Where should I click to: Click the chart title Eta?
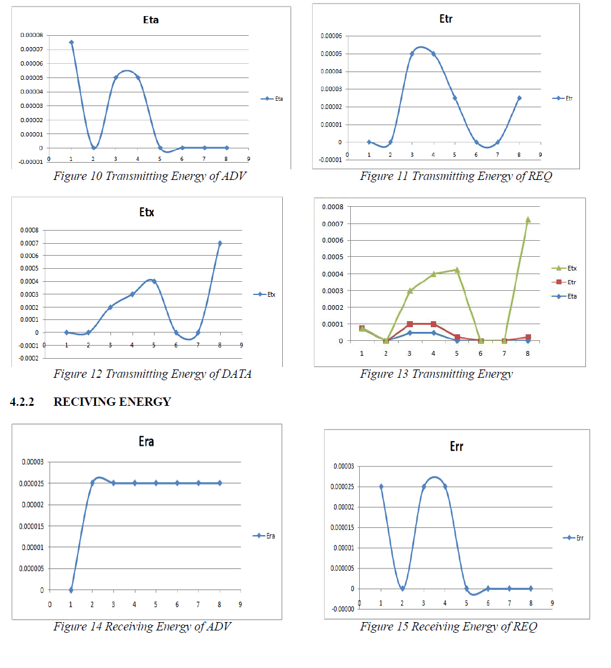150,20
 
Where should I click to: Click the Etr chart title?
445,19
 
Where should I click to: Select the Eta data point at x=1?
71,42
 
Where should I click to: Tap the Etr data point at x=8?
519,98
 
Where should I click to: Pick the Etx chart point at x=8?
220,243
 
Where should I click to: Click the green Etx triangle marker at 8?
528,220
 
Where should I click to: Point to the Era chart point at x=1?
71,590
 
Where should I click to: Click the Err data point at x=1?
381,487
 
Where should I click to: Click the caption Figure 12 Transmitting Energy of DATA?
152,374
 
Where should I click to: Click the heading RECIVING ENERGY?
112,402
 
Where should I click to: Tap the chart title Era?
146,442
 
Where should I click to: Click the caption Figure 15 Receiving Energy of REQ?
448,626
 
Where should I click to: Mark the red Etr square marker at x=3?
410,324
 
